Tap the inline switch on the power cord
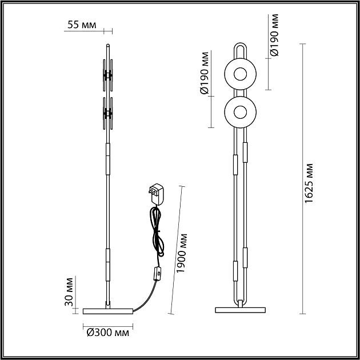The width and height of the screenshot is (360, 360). coord(156,275)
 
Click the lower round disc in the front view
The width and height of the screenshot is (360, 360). coord(241,111)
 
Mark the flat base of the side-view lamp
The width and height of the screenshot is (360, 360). coord(107,311)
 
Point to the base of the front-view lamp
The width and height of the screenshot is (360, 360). coord(241,310)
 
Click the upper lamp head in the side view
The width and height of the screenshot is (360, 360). coord(107,75)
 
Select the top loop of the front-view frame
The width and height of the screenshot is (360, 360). coord(241,46)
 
